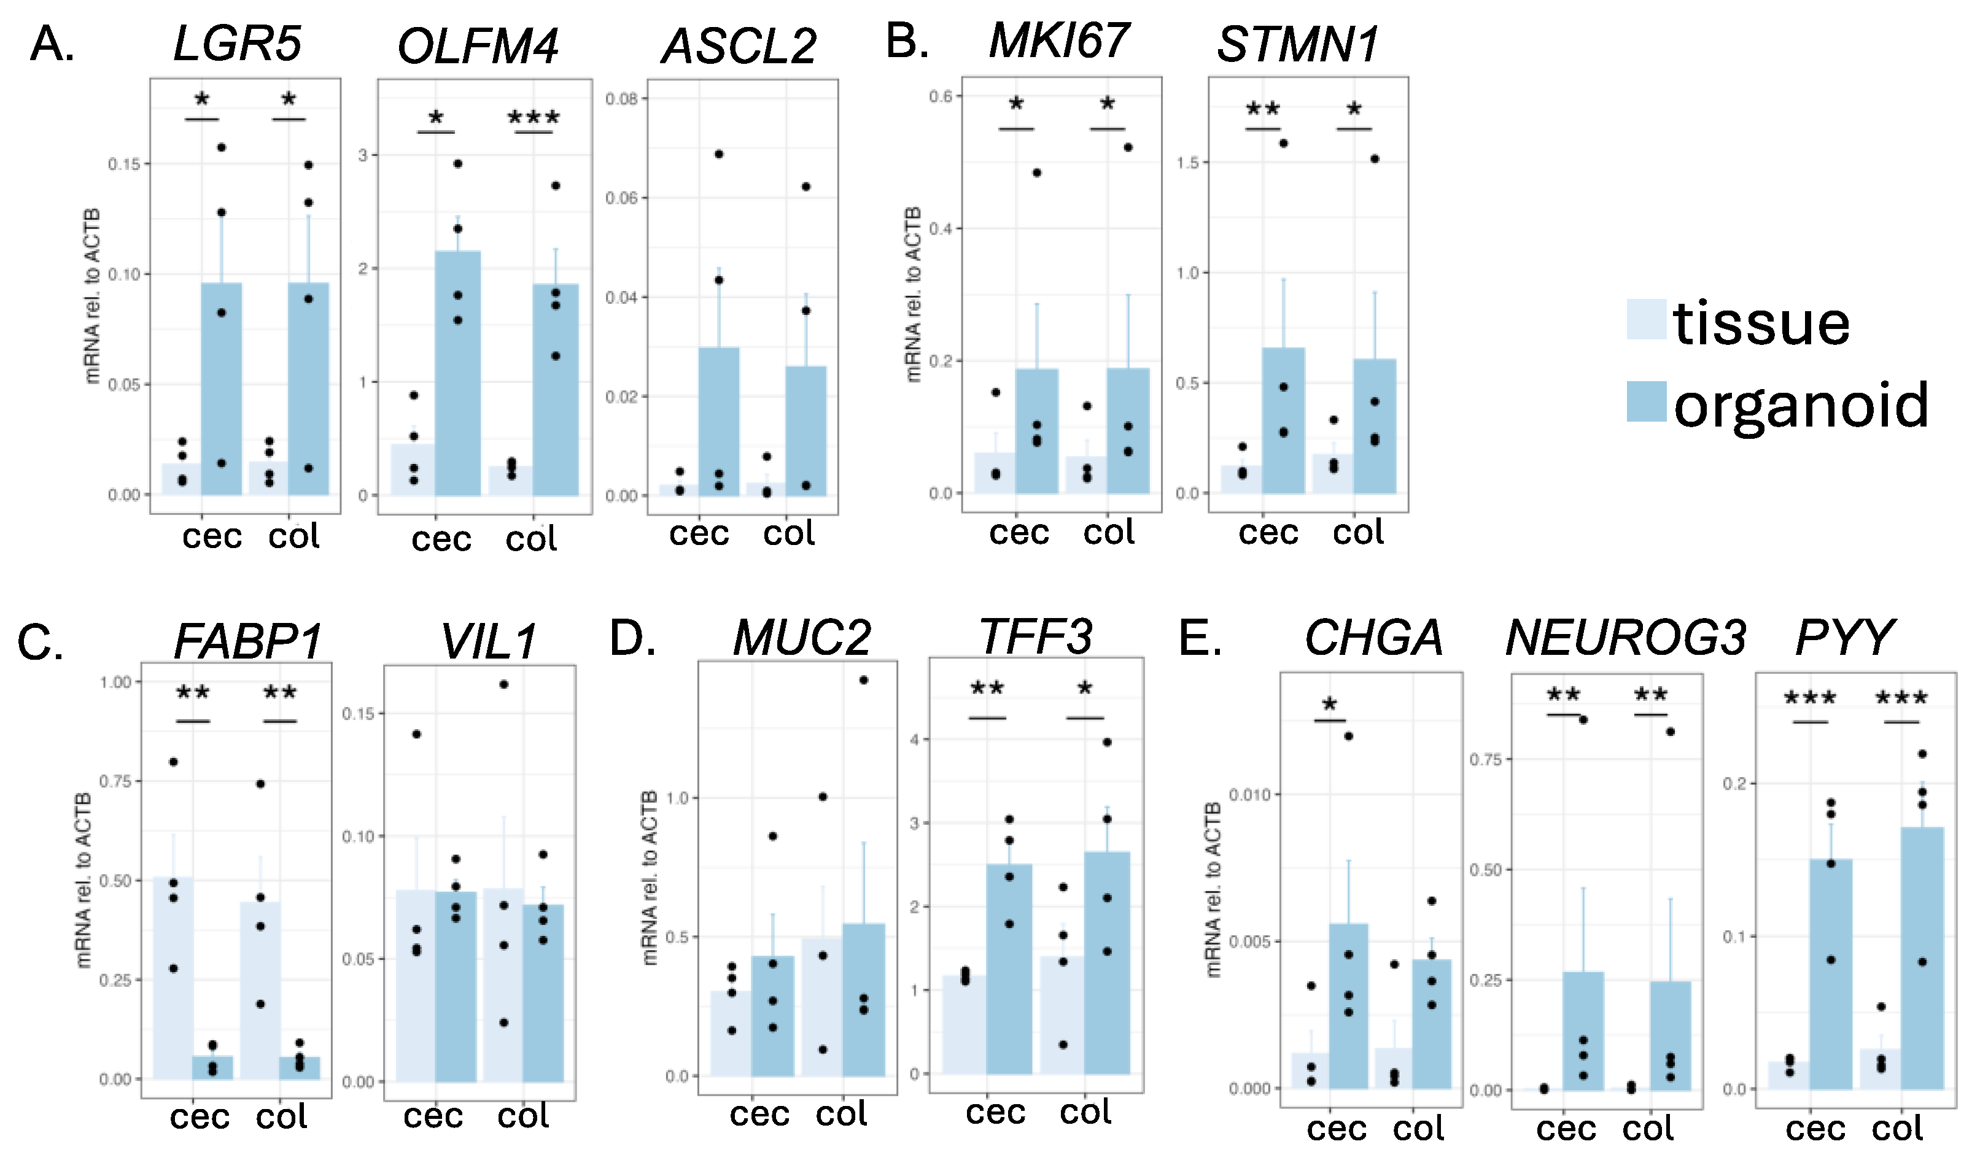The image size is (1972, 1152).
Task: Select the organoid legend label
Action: (x=1801, y=405)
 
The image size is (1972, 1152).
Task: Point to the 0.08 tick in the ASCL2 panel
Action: (x=621, y=99)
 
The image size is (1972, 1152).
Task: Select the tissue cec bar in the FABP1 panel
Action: (x=173, y=978)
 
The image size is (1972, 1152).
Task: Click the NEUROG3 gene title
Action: (x=1625, y=638)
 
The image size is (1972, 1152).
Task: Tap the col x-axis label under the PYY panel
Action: (x=1897, y=1129)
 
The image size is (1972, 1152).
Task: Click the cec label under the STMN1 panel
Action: (x=1268, y=533)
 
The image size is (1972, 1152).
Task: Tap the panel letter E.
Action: (x=1200, y=638)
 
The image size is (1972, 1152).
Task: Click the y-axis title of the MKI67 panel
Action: (x=912, y=295)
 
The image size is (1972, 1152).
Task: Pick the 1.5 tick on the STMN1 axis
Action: (x=1187, y=163)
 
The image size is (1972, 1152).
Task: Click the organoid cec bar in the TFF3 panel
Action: (x=1009, y=970)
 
